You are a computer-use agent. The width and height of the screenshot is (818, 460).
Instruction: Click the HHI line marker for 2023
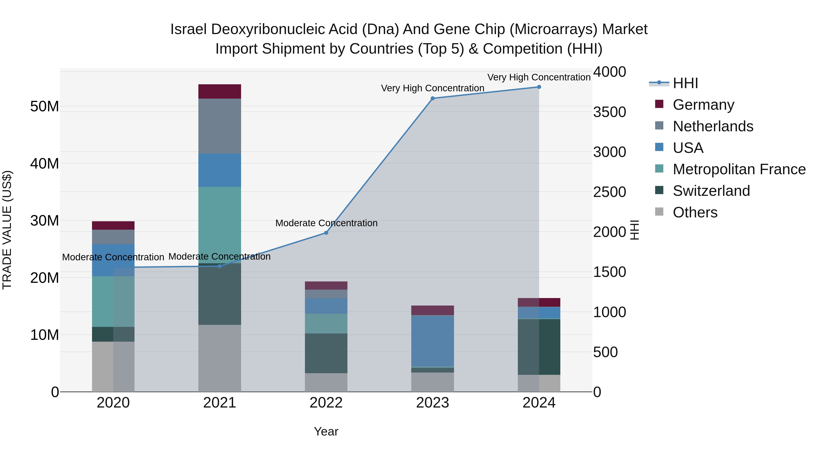pos(432,98)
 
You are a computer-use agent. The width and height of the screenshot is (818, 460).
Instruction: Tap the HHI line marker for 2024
pos(539,87)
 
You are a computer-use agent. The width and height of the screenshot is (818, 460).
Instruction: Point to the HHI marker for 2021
pos(219,266)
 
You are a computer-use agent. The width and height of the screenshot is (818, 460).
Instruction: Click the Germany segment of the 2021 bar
pos(219,91)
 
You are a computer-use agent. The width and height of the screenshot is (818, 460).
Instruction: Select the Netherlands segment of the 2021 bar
pos(219,126)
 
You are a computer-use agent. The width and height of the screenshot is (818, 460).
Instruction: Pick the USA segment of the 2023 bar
pos(432,341)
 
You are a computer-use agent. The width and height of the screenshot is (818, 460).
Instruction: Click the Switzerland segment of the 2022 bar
pos(326,353)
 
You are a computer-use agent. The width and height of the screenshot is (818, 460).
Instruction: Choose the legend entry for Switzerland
pos(711,191)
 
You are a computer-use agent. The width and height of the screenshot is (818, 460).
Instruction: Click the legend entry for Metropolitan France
pos(739,169)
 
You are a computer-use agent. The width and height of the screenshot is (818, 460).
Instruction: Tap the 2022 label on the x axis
pos(326,403)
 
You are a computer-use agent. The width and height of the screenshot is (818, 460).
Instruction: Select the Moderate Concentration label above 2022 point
pos(326,223)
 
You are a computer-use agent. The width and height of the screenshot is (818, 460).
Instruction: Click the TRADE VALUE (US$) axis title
pos(7,230)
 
